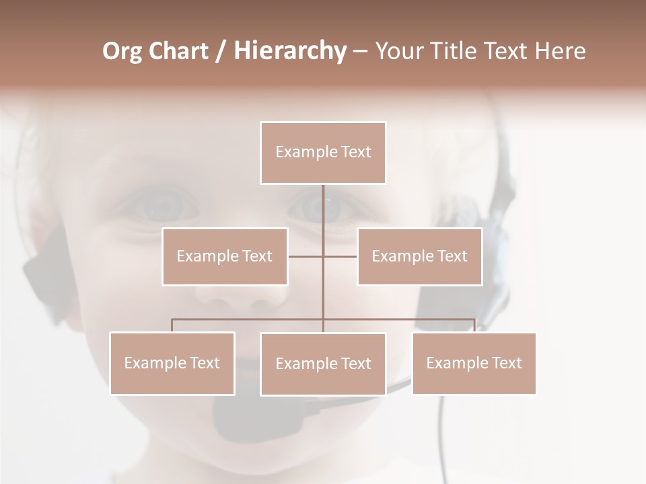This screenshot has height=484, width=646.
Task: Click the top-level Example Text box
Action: (323, 153)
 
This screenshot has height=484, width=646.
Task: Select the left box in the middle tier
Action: (225, 256)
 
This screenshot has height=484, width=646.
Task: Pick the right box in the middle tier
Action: (419, 256)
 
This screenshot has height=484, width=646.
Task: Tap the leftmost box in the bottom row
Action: (172, 363)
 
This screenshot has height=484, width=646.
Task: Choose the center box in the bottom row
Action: (323, 364)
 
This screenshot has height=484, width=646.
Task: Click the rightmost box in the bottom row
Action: (474, 363)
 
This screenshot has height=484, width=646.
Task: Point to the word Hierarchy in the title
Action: (289, 51)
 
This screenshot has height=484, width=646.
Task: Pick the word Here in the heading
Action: (560, 51)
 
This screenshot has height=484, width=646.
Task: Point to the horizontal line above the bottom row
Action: (249, 319)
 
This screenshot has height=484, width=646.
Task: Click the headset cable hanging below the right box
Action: (443, 437)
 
